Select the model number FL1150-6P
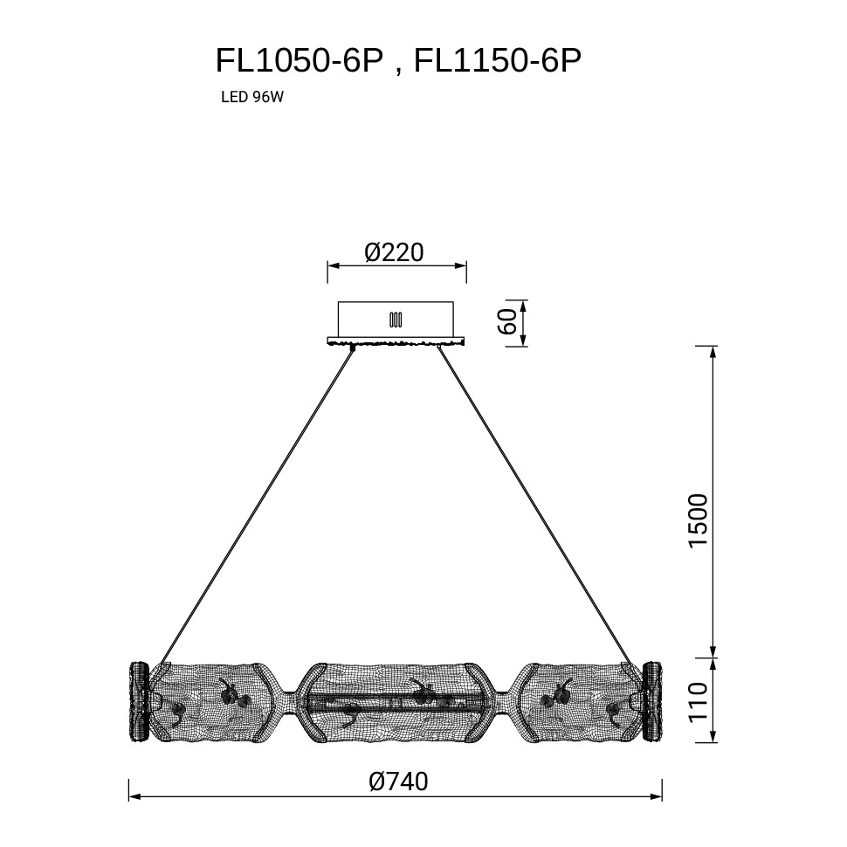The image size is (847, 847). pos(498,60)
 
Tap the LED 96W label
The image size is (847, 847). pos(252,97)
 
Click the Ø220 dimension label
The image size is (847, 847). pos(395,252)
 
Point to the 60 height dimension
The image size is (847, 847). pos(509,323)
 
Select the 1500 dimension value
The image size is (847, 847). pos(698,520)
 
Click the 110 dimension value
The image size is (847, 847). pos(698,701)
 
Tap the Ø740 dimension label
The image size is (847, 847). pos(399,782)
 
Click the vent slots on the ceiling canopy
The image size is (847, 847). pos(396,320)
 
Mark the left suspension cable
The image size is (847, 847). pos(257,506)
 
